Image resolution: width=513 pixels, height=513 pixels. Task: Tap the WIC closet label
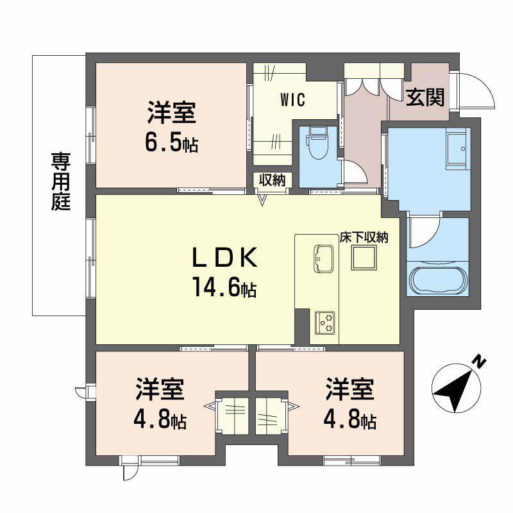(x=292, y=100)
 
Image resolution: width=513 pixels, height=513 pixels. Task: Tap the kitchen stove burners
(x=324, y=321)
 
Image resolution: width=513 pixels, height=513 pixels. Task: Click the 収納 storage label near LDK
(x=271, y=180)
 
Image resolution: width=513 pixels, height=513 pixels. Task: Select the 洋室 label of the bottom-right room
(x=349, y=389)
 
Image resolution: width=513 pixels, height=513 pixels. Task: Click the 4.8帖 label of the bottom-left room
(x=160, y=420)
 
